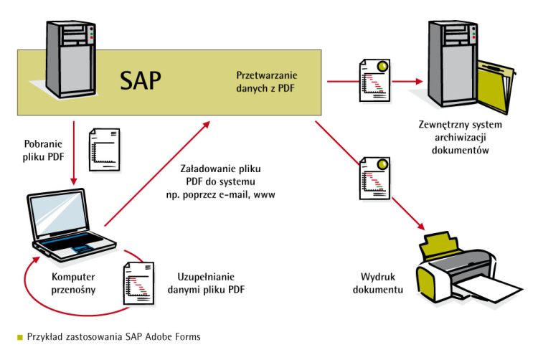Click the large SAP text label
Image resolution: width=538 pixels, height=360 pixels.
click(141, 80)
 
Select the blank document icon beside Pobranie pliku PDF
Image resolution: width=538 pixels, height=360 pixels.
click(103, 150)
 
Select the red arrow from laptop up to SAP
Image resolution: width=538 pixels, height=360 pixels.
click(158, 173)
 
